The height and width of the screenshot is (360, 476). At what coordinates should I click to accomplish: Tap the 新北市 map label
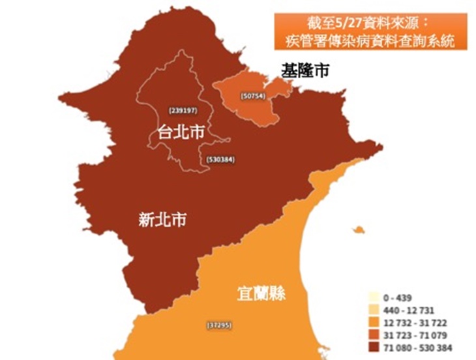(162, 220)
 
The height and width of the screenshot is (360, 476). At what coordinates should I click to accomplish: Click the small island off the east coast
(357, 230)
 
